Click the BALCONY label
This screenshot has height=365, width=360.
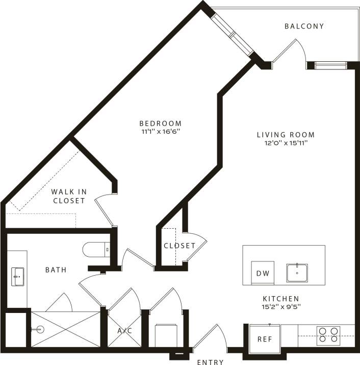click(x=304, y=26)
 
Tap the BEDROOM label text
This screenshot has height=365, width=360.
click(x=161, y=123)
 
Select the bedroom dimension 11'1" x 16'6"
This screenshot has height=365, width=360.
click(x=161, y=131)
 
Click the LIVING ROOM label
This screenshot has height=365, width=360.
click(x=286, y=135)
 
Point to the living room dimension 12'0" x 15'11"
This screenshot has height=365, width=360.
click(x=286, y=143)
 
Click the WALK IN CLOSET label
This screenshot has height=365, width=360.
click(x=69, y=196)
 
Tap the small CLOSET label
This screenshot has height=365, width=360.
click(x=179, y=246)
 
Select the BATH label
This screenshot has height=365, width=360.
click(x=56, y=270)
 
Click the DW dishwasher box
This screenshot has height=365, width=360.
click(x=263, y=273)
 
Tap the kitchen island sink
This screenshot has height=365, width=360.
click(x=296, y=273)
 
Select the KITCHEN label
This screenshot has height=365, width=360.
click(x=280, y=299)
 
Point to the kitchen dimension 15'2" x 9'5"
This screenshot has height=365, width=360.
click(x=280, y=307)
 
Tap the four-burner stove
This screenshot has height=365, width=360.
click(x=328, y=334)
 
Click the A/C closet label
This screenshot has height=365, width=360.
click(x=125, y=331)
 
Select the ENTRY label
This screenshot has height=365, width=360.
click(x=210, y=362)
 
